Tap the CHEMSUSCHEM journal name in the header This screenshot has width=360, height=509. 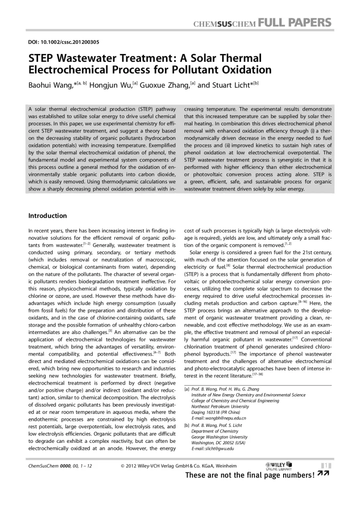coord(222,23)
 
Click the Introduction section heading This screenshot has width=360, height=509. coord(47,216)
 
